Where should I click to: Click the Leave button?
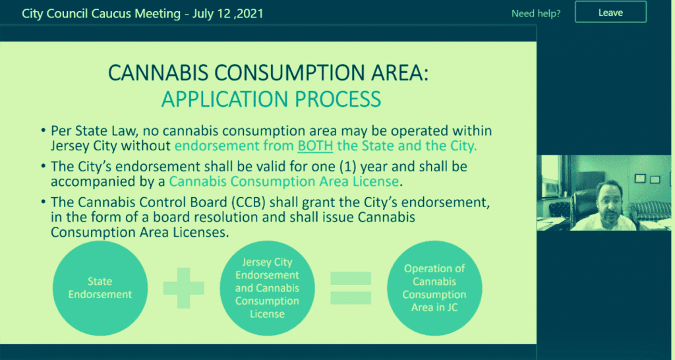[x=610, y=13]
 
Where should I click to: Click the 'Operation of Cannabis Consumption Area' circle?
[x=434, y=287]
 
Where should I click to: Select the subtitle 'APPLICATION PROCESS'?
[x=272, y=99]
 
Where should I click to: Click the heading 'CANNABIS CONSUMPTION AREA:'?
[x=268, y=73]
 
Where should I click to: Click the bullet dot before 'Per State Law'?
[x=44, y=131]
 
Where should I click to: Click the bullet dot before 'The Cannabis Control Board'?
[x=44, y=200]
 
